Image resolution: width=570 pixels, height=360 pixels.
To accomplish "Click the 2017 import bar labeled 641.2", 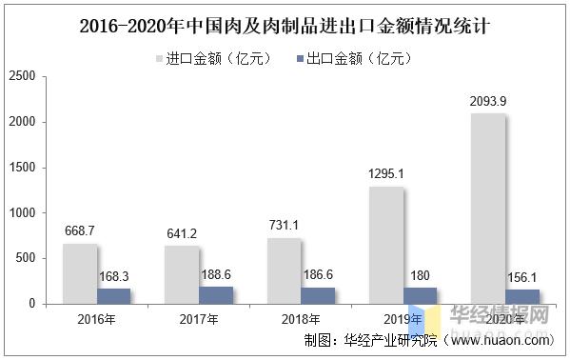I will [x=182, y=274].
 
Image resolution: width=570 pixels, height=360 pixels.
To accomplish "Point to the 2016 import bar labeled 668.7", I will [x=80, y=273].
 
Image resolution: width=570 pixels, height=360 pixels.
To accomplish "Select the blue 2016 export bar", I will [x=114, y=296].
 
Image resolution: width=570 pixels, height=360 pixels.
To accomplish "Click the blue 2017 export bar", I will [x=216, y=295].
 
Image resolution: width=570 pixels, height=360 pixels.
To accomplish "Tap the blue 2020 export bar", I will [x=521, y=296].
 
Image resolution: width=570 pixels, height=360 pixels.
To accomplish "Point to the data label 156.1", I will [x=521, y=276].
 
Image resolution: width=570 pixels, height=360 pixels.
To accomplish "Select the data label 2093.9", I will [x=486, y=100].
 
